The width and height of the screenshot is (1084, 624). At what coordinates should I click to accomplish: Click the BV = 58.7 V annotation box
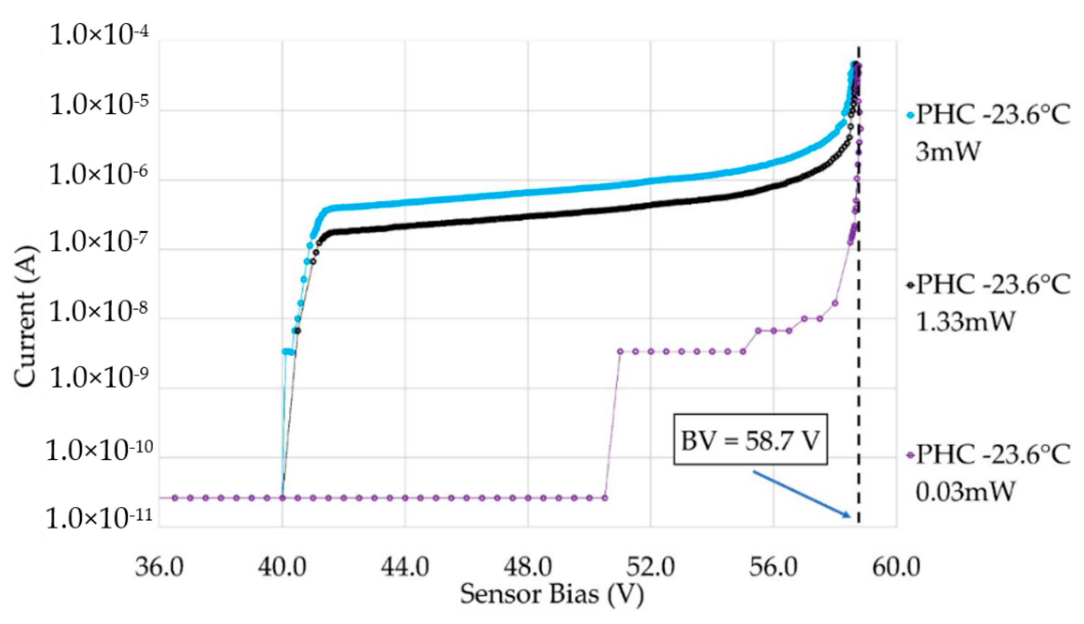tap(750, 439)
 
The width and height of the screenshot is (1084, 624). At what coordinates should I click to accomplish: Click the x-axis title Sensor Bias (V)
tap(552, 595)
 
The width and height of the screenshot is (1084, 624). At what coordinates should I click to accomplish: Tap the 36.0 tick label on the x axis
tap(159, 567)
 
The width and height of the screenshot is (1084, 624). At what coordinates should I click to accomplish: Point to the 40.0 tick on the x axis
tap(282, 567)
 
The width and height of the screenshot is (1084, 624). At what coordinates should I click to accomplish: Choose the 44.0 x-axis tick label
tap(405, 567)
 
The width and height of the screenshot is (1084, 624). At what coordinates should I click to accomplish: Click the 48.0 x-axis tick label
tap(528, 567)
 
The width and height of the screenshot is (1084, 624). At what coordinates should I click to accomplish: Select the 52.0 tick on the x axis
tap(651, 567)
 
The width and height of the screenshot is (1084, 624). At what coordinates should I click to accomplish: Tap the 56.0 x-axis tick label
tap(774, 567)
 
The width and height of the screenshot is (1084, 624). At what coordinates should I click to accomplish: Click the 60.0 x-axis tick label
tap(896, 567)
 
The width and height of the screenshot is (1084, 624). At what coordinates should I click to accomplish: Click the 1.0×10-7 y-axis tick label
tap(99, 242)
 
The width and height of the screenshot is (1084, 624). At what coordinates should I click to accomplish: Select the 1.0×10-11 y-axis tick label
tap(99, 519)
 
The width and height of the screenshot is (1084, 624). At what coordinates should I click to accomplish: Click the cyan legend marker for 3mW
tap(911, 115)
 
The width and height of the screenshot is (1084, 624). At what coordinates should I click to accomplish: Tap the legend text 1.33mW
tap(965, 322)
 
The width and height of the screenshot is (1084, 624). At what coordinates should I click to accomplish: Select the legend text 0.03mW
tap(965, 492)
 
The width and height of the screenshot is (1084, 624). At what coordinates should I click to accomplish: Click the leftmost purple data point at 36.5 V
tap(175, 498)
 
